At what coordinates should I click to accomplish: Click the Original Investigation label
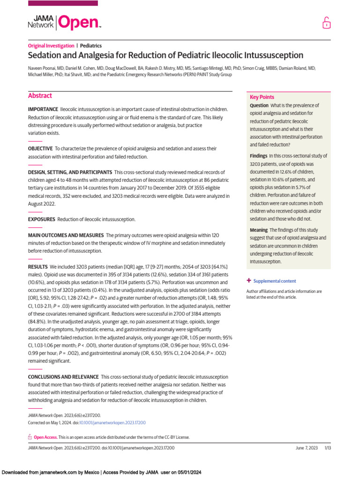click(x=51, y=46)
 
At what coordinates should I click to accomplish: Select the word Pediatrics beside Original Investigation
click(x=91, y=46)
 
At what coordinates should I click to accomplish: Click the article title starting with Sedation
click(x=165, y=55)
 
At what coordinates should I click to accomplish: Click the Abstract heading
click(x=40, y=96)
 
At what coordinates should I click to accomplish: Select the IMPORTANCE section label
click(x=43, y=109)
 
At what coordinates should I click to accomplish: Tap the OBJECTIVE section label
click(x=40, y=149)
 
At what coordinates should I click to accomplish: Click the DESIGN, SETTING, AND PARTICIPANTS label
click(x=70, y=172)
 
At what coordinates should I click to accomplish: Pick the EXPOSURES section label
click(x=41, y=219)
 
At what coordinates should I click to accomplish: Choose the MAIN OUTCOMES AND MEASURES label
click(x=66, y=235)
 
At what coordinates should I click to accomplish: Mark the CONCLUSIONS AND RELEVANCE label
click(x=63, y=377)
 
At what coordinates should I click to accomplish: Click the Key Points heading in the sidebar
click(x=262, y=97)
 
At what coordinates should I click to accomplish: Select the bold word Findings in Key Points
click(x=259, y=156)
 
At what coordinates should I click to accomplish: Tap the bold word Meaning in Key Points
click(x=259, y=230)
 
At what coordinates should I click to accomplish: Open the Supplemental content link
click(x=275, y=281)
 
